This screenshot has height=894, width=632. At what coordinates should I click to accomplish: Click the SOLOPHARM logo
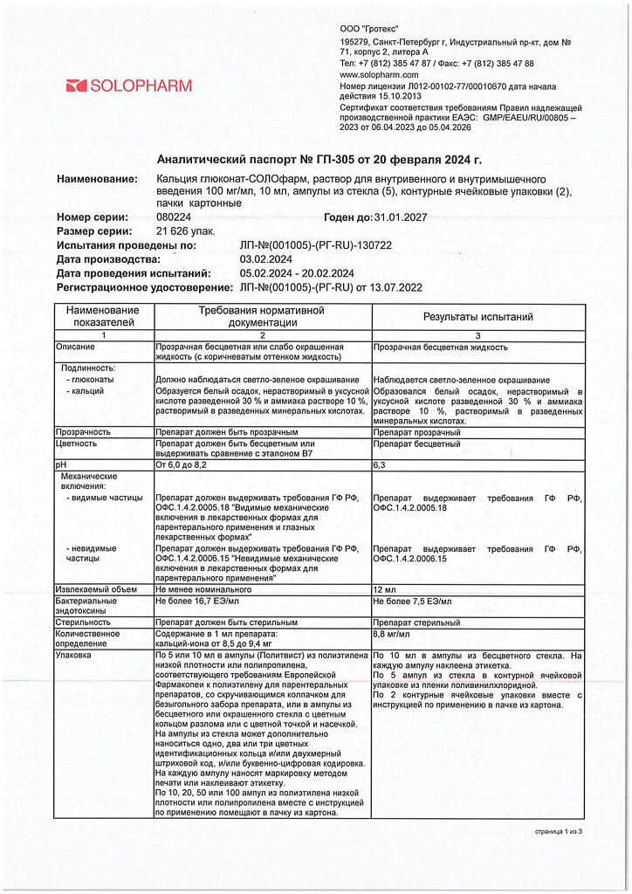click(128, 86)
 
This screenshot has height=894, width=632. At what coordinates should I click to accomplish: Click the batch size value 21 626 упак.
click(186, 231)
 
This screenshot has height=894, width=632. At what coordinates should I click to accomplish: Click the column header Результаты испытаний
click(477, 317)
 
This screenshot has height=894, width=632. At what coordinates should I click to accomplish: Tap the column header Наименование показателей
click(102, 316)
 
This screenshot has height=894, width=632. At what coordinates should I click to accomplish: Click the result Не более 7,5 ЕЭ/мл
click(412, 602)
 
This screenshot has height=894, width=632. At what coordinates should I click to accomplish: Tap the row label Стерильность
click(83, 622)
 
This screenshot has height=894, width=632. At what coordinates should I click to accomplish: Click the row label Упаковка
click(73, 654)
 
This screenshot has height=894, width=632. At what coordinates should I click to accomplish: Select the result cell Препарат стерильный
click(416, 622)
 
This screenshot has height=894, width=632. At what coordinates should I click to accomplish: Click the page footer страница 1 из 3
click(558, 831)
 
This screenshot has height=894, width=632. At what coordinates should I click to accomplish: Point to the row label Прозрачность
click(83, 432)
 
